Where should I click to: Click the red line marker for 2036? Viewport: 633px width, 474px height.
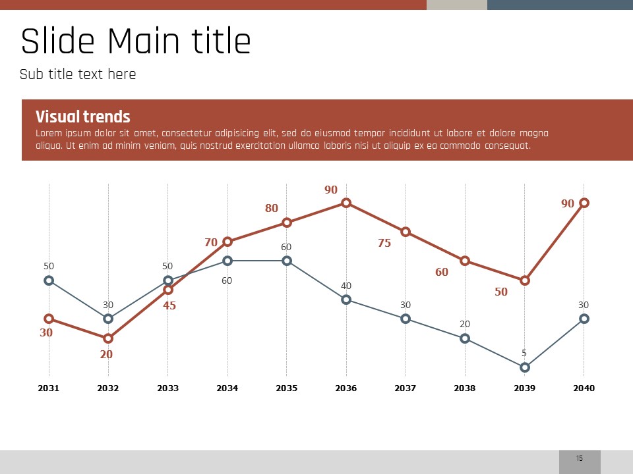click(x=346, y=203)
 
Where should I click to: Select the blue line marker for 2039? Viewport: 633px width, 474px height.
click(x=525, y=367)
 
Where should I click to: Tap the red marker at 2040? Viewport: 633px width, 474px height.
click(x=584, y=203)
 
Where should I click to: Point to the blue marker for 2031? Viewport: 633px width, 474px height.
click(x=49, y=280)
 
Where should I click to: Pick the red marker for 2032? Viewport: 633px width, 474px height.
click(x=108, y=338)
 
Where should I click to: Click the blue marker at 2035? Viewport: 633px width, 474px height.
click(x=287, y=261)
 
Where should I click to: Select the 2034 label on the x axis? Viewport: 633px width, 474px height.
click(x=227, y=388)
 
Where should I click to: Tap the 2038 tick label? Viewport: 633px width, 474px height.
click(x=465, y=388)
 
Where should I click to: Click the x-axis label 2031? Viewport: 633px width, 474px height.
click(x=49, y=388)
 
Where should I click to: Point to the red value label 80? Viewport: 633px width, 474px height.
click(x=272, y=208)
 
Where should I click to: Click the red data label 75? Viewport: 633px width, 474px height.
click(x=384, y=243)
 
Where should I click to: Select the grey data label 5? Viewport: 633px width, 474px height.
click(x=524, y=353)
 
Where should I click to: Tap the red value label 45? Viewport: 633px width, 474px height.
click(x=169, y=305)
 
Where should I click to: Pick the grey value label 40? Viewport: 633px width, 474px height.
click(x=346, y=286)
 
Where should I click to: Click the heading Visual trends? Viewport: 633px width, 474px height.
click(x=83, y=117)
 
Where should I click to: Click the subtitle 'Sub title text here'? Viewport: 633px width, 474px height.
click(x=78, y=74)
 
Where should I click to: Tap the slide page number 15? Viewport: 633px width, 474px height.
click(x=580, y=458)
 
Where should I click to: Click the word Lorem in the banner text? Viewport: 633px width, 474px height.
click(x=48, y=134)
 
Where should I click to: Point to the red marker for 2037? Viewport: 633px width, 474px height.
click(x=406, y=232)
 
